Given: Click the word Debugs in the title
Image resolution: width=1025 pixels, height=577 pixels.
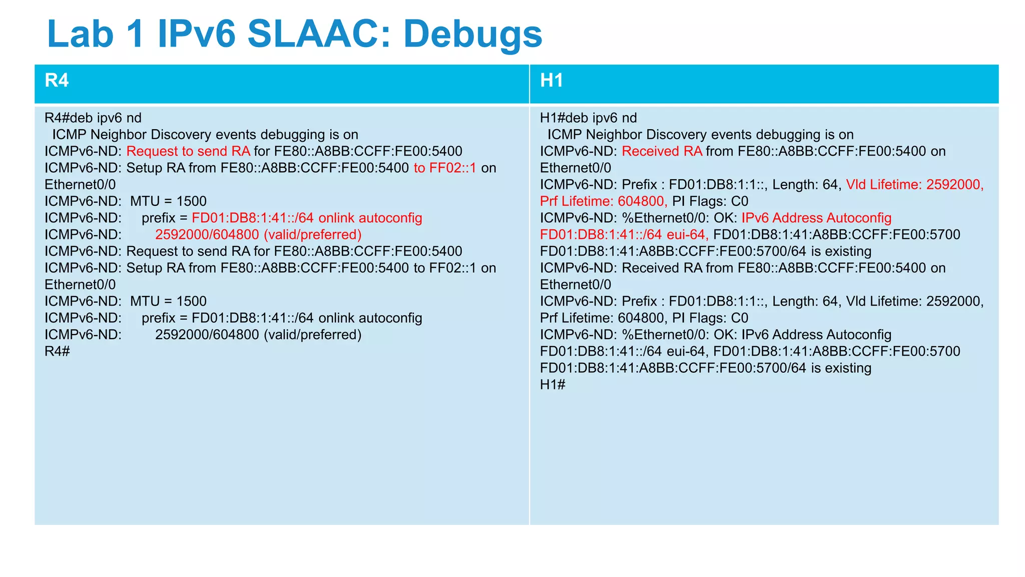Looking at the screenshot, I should pos(472,34).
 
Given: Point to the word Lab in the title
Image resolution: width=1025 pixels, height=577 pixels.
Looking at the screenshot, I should pos(80,34).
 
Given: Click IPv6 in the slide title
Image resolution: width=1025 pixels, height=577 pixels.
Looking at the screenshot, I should pos(196,34).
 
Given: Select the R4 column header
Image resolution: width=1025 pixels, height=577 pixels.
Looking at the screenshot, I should pos(57,81).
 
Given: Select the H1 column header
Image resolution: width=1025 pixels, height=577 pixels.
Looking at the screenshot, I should pos(552,81).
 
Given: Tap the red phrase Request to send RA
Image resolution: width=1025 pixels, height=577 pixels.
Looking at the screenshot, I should pos(188,151).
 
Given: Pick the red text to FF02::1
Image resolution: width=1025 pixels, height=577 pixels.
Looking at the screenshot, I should pos(445,168).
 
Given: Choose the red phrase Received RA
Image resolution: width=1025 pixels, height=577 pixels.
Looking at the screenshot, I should pos(662,151).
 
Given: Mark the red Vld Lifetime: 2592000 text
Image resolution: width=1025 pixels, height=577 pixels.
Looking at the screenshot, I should pos(914,185).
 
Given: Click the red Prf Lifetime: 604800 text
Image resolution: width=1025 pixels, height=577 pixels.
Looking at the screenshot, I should pos(603,201).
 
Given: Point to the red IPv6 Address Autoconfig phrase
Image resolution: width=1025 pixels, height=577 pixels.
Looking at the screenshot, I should pos(816,218).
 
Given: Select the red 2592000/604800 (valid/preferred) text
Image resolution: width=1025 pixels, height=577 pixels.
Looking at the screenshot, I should pos(258,235).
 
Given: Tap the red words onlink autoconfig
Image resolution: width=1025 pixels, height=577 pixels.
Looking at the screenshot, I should pos(370,218).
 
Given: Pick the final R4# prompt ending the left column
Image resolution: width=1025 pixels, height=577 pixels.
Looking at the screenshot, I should pos(57,351).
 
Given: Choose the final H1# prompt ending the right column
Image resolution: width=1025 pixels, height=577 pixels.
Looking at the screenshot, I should pos(553,385).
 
